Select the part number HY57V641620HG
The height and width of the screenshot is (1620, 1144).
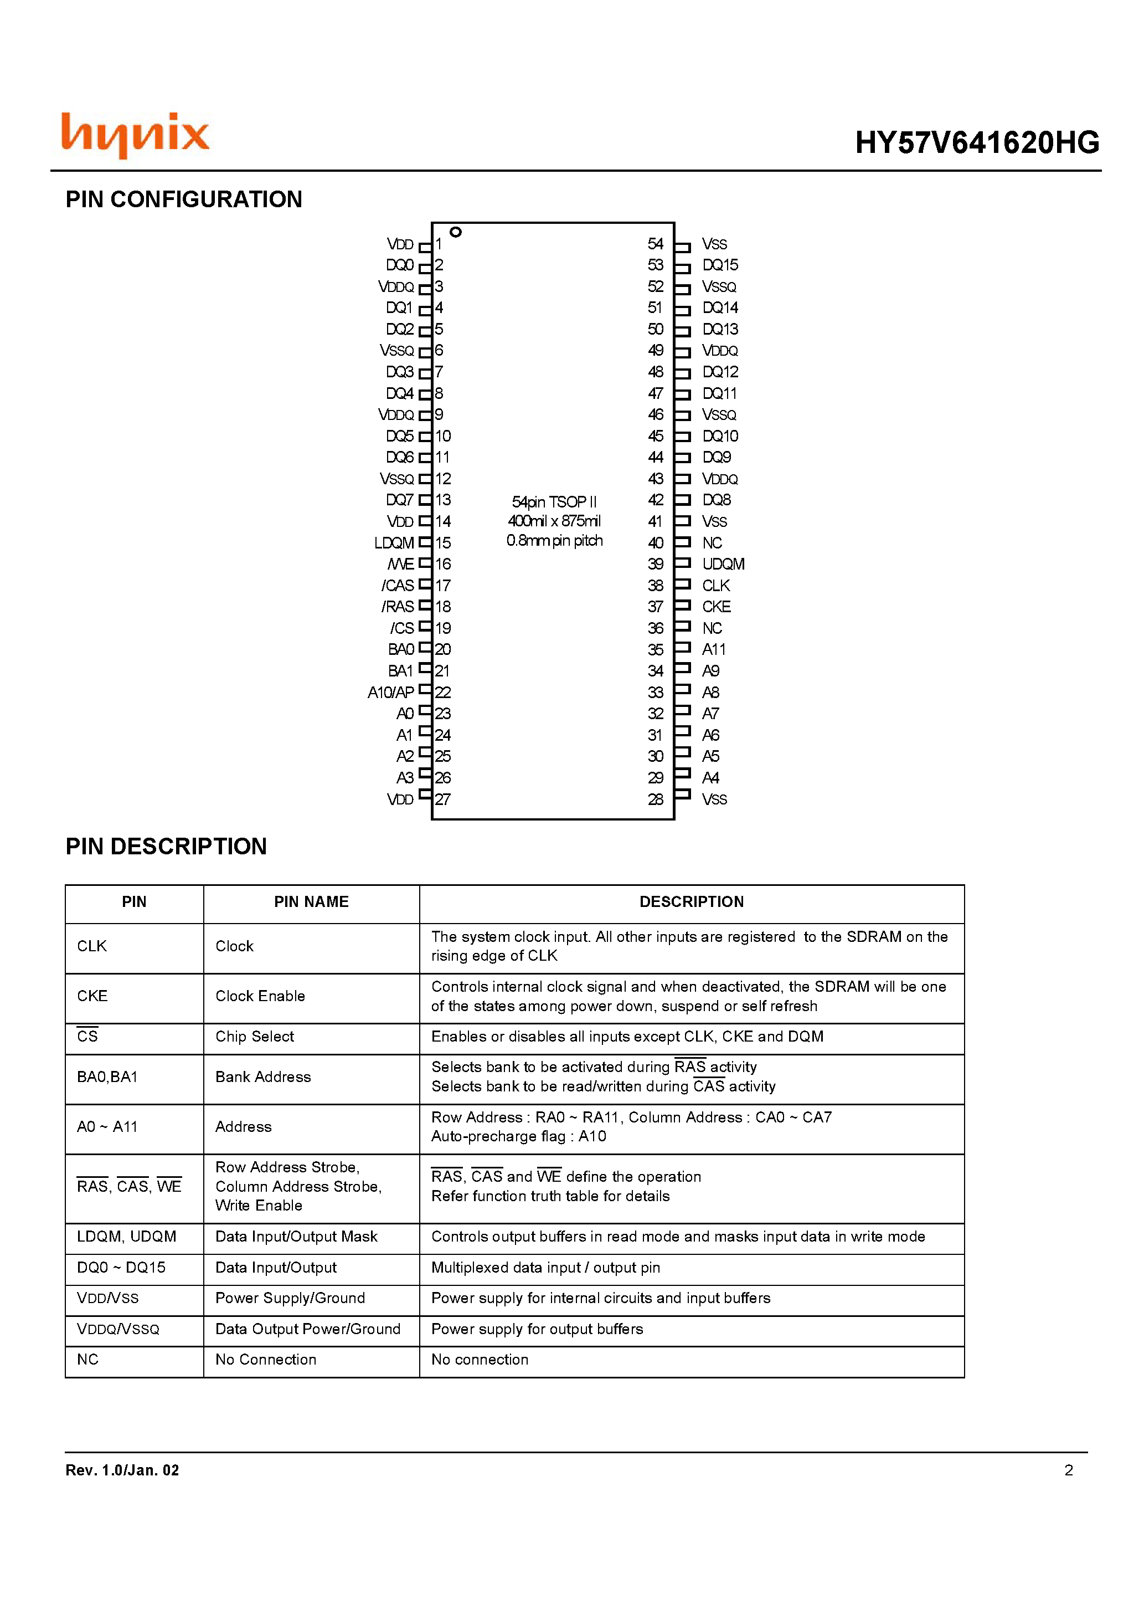[x=976, y=142]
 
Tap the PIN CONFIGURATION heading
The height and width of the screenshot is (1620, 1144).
[x=183, y=199]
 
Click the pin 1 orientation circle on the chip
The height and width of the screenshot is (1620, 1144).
[x=456, y=232]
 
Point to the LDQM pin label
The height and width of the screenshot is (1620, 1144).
[x=394, y=542]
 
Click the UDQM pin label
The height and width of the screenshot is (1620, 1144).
[x=723, y=564]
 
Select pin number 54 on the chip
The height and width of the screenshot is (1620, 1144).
[x=655, y=244]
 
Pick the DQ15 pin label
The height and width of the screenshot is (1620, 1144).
[x=720, y=265]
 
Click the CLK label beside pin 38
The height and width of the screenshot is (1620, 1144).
[x=716, y=586]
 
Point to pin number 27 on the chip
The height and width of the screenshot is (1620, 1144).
[x=442, y=799]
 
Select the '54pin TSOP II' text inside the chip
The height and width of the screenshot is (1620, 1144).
[x=554, y=501]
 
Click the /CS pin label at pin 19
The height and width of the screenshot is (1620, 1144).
[x=402, y=628]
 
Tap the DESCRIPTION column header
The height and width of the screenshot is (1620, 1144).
[x=691, y=902]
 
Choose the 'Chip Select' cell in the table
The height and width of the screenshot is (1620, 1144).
[x=255, y=1037]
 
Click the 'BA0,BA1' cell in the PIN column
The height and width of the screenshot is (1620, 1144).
[x=107, y=1076]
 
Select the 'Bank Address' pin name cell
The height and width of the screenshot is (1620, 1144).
[x=263, y=1076]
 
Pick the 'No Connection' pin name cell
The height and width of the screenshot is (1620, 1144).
[x=266, y=1360]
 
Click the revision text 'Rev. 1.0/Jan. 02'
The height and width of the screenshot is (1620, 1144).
[x=122, y=1470]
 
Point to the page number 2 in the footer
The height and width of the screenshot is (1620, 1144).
[x=1069, y=1470]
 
